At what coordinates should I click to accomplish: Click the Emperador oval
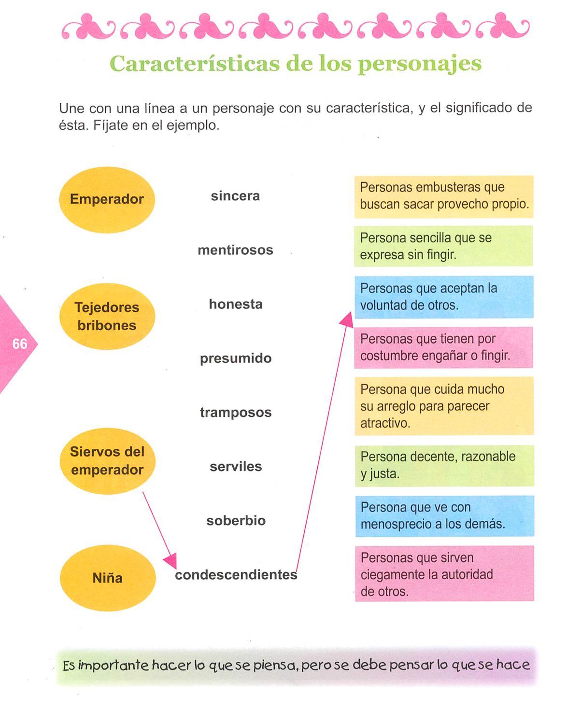point(107,199)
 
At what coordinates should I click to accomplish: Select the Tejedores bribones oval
point(107,316)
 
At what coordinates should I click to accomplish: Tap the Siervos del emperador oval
point(107,460)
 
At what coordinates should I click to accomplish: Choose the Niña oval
point(108,578)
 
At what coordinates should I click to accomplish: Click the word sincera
point(235,196)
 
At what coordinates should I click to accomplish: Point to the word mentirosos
point(235,250)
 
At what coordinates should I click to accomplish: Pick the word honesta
point(236,304)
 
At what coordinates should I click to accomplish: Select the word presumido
point(236,358)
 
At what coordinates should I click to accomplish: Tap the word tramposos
point(236,412)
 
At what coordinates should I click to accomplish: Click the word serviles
point(236,466)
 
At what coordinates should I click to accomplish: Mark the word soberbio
point(236,520)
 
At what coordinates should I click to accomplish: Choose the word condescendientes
point(236,574)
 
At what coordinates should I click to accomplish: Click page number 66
point(20,344)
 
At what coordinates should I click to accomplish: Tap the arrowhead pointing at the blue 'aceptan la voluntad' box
point(347,319)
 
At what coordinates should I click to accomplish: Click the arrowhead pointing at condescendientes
point(170,561)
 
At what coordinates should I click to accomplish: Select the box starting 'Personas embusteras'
point(443,196)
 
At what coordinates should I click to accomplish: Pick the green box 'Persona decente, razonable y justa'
point(444,465)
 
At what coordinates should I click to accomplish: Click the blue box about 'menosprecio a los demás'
point(444,515)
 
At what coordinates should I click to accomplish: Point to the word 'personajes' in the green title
point(419,64)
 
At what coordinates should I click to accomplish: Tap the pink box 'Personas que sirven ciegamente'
point(444,574)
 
